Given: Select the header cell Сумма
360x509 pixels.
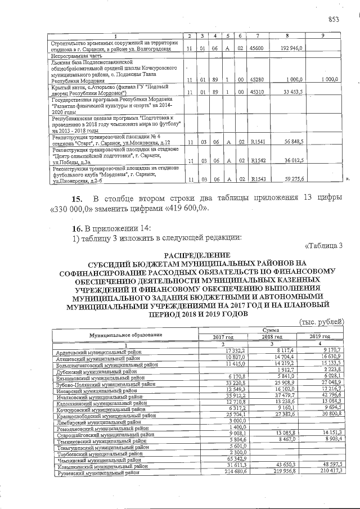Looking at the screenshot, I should click(x=271, y=330).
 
